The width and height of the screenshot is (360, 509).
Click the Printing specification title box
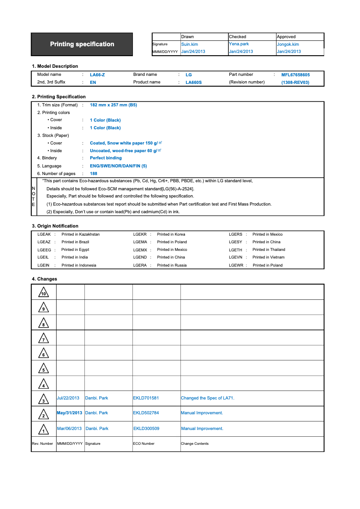click(x=82, y=44)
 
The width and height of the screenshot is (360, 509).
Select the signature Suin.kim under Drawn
click(x=189, y=44)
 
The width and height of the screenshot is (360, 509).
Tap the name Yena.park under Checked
click(x=239, y=44)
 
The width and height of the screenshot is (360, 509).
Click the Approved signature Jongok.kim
click(x=288, y=44)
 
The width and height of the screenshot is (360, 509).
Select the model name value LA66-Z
click(x=97, y=75)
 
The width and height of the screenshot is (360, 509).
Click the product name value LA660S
click(x=193, y=83)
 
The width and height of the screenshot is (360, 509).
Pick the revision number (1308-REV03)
click(x=295, y=83)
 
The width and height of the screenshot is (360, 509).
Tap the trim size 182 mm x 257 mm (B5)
click(x=113, y=105)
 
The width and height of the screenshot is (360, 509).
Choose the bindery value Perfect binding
click(x=105, y=158)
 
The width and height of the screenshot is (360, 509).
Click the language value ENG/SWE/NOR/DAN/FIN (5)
click(x=118, y=166)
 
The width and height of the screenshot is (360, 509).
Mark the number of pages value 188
click(x=93, y=174)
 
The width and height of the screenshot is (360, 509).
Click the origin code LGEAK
click(x=44, y=234)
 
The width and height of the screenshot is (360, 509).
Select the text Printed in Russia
click(x=171, y=265)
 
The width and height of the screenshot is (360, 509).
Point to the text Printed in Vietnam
click(x=268, y=257)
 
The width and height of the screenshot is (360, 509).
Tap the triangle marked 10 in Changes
click(x=44, y=293)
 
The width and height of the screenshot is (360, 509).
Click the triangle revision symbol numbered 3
click(x=44, y=399)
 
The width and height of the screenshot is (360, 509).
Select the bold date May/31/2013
click(x=70, y=413)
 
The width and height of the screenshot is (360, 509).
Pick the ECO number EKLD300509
click(x=146, y=429)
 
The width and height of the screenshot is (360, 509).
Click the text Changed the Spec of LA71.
click(x=207, y=398)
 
